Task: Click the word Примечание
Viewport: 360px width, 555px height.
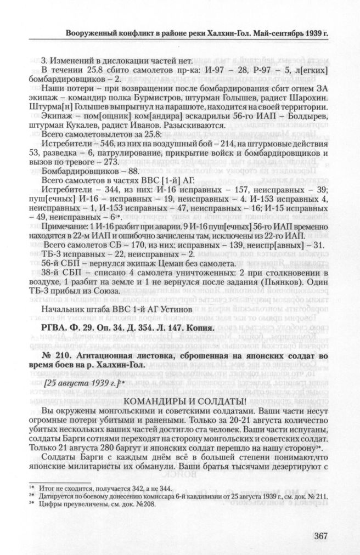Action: (64, 224)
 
